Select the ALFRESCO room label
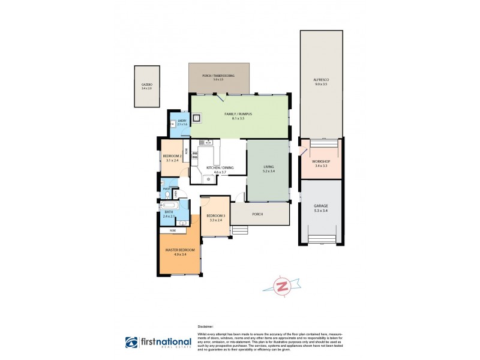[320, 82]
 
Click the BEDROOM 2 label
[172, 158]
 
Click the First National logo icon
[132, 343]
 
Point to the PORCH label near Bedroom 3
[258, 214]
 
